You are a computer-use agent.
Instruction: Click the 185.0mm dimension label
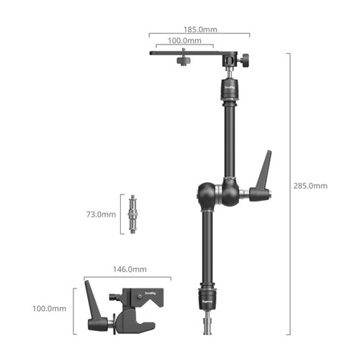click(x=200, y=30)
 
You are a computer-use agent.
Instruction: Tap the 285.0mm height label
click(x=310, y=186)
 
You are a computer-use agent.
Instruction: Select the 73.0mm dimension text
click(x=101, y=215)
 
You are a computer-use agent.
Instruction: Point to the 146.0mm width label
click(x=130, y=269)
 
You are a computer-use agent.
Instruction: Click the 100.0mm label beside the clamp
click(x=49, y=308)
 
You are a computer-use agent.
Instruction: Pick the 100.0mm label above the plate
click(x=184, y=40)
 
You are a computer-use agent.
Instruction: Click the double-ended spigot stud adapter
click(x=132, y=214)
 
